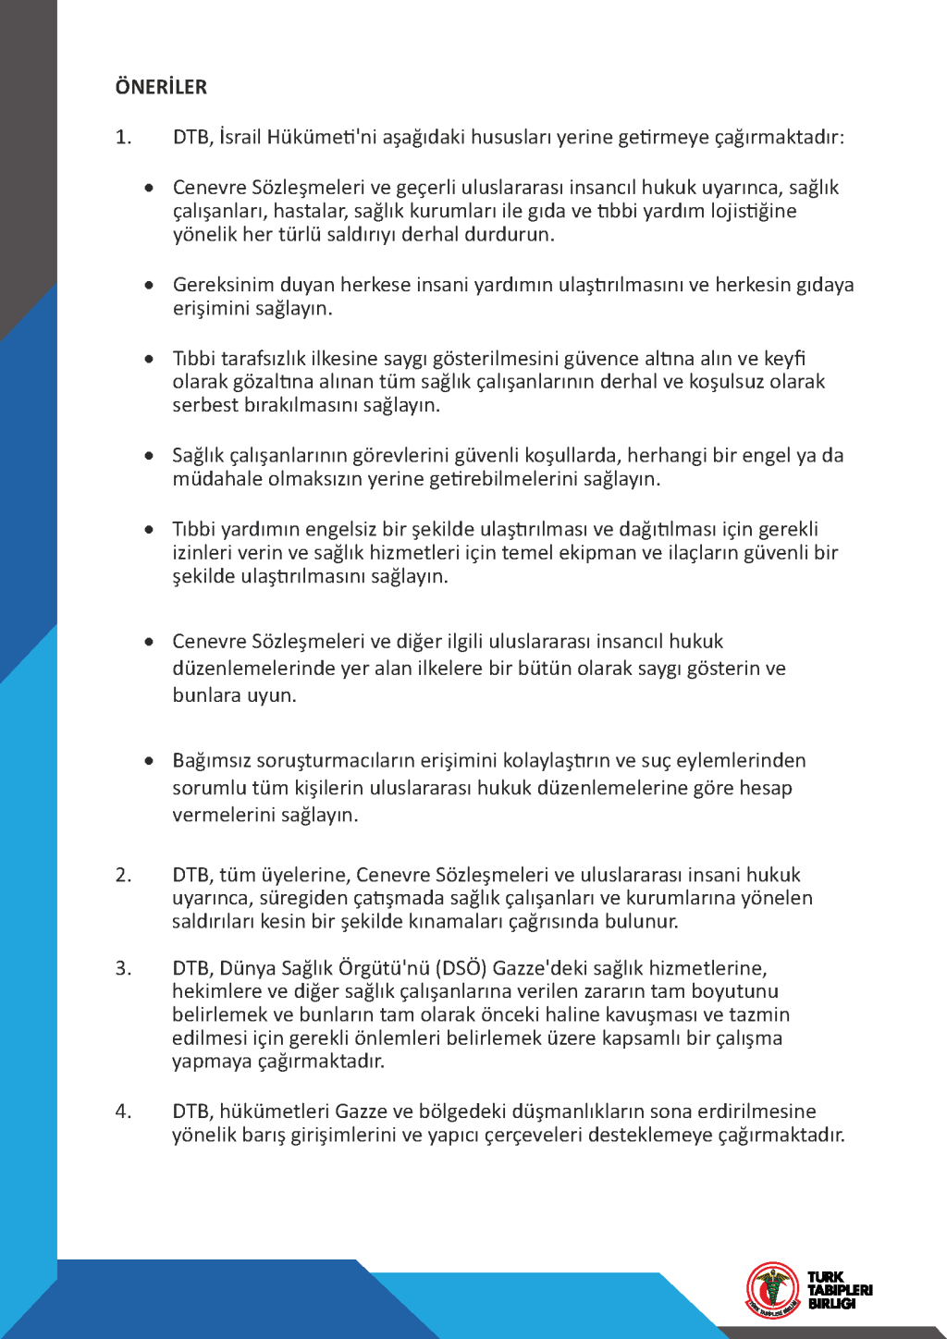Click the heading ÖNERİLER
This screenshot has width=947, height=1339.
(x=161, y=88)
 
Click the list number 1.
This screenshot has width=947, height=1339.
(x=123, y=138)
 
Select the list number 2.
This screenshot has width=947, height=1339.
(x=123, y=875)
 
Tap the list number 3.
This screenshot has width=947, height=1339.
(x=123, y=968)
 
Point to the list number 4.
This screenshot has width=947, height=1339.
(x=123, y=1112)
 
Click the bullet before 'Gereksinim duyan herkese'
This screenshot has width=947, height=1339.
(x=149, y=285)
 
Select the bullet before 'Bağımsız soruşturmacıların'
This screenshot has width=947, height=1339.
(x=149, y=761)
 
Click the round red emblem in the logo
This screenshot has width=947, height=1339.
(x=773, y=1289)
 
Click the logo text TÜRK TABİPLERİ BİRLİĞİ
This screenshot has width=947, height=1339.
(x=839, y=1290)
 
